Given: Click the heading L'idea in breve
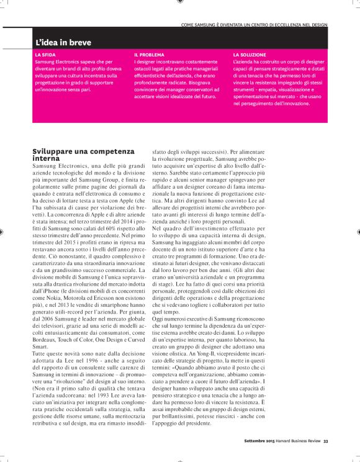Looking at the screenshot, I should (63, 43).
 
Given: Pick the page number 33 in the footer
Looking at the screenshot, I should (325, 442).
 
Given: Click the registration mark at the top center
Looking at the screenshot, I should (180, 2).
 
